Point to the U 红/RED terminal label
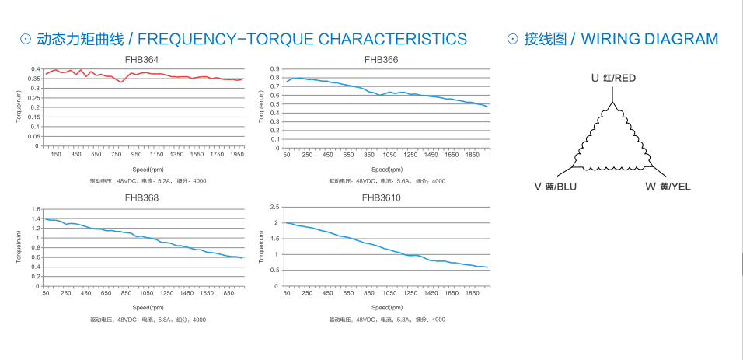coord(613,78)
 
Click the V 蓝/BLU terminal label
coord(556,187)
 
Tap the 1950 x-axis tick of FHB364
coord(237,155)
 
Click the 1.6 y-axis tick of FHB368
coord(34,209)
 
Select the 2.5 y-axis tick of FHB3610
coord(274,208)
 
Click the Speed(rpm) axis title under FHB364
coord(145,168)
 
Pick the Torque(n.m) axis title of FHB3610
coord(263,247)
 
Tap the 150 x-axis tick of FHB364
coord(56,155)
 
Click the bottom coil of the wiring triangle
coord(612,167)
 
